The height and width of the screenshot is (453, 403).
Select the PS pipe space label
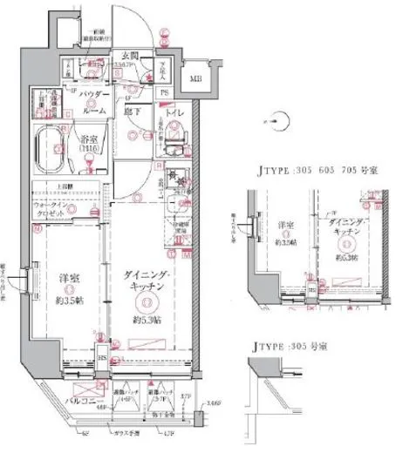[163, 92]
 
